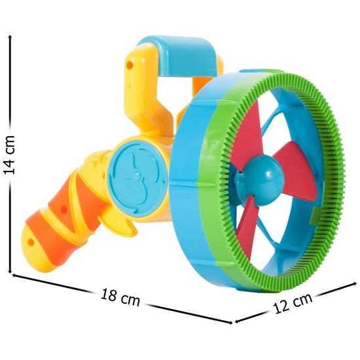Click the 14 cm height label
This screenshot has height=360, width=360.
10,154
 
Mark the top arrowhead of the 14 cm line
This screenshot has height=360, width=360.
10,37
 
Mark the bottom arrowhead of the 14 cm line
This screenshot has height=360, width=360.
10,271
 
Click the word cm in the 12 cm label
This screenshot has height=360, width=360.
301,301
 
